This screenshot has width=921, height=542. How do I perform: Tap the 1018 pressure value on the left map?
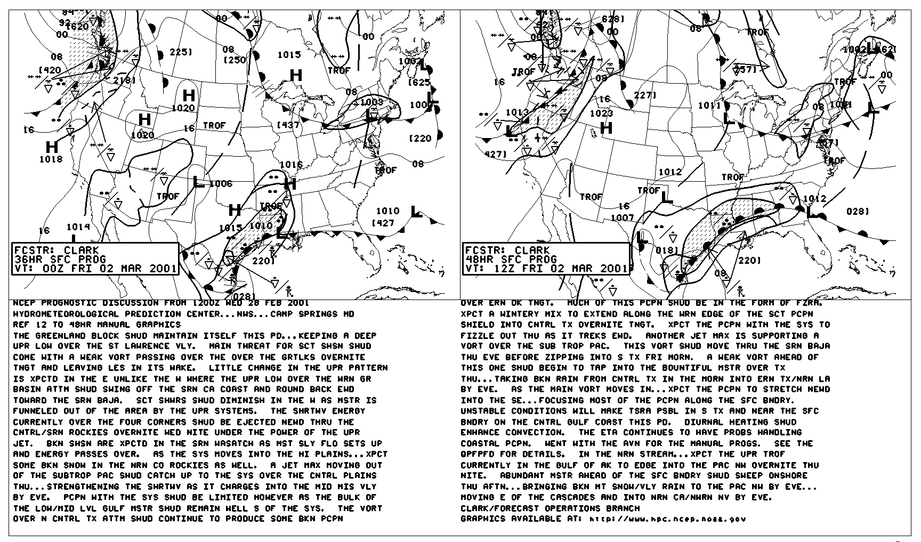51,159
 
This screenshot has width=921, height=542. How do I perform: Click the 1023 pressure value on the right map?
601,113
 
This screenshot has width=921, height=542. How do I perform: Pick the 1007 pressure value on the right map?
622,217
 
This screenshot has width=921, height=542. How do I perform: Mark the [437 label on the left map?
288,125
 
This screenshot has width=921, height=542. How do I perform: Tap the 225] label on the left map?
181,52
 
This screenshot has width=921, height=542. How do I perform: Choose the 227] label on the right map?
644,95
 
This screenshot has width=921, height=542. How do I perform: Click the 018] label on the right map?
666,250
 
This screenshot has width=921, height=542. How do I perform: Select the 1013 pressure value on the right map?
516,112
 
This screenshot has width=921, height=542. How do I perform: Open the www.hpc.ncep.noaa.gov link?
668,519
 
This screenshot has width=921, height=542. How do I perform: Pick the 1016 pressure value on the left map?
291,165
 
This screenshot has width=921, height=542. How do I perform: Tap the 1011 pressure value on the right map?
709,106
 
